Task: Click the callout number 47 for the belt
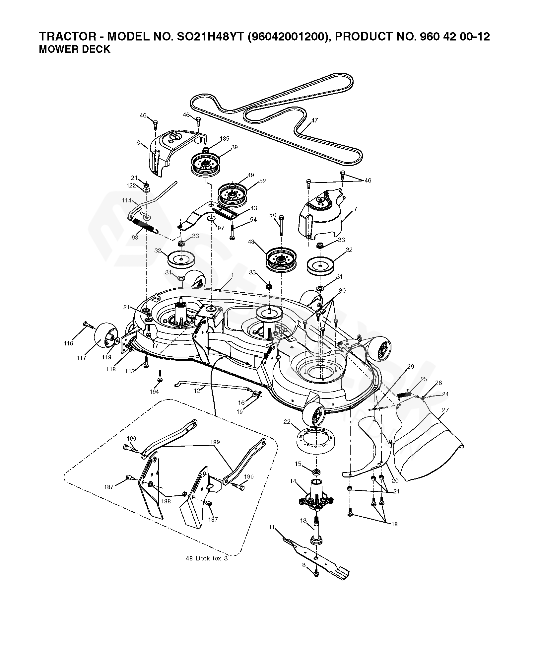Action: (x=314, y=120)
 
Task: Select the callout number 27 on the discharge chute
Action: (x=445, y=410)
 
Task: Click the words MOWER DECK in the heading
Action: (x=75, y=49)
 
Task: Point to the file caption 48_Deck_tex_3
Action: (x=207, y=558)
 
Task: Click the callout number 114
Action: (x=126, y=200)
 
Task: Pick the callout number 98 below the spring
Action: (x=135, y=237)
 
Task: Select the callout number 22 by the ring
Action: (x=287, y=422)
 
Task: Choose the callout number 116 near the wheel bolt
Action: (x=68, y=343)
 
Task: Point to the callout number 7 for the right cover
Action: (x=356, y=209)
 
